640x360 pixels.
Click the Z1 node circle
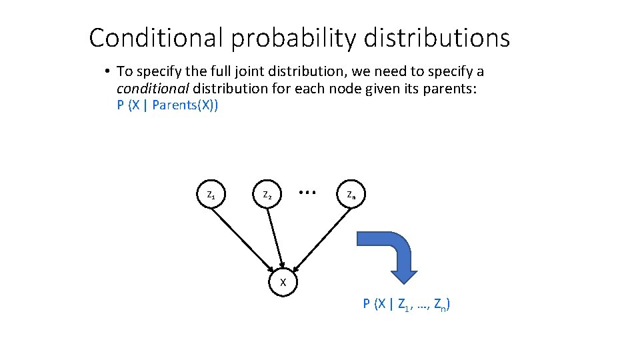211,195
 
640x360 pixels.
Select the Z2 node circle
267,195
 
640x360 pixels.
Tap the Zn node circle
351,195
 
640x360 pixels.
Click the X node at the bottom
283,282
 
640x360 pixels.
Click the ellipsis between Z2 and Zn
307,192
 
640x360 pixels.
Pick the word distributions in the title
437,38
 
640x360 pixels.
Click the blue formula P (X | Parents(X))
167,105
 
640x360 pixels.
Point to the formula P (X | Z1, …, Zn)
406,305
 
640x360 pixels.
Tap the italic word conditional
153,88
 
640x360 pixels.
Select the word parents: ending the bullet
453,88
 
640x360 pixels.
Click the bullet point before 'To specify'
107,71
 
